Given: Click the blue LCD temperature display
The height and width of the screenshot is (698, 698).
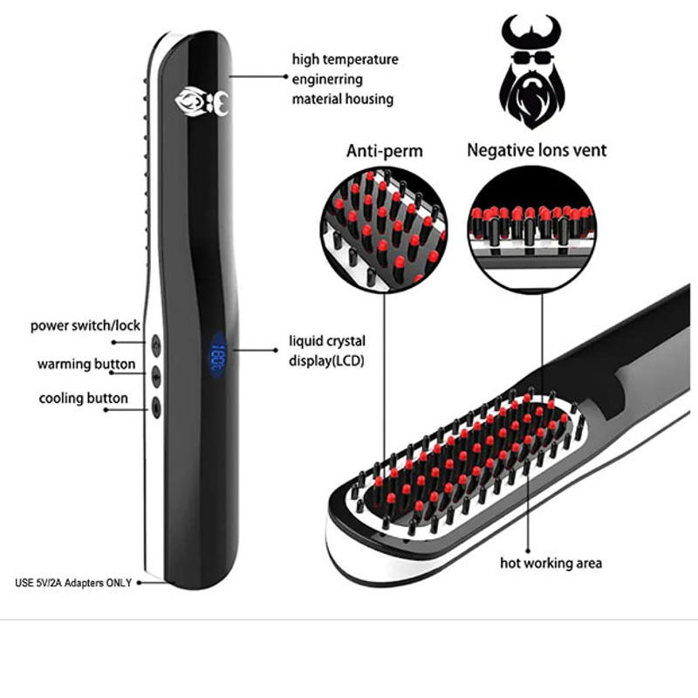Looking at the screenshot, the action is point(218,354).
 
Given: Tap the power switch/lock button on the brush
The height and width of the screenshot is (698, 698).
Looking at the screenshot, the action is point(156,345).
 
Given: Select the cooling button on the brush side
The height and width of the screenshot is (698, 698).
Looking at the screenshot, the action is point(156,407).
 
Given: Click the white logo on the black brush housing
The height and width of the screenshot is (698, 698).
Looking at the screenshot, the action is point(202,102).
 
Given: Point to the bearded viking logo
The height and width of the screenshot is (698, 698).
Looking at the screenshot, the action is point(532,72).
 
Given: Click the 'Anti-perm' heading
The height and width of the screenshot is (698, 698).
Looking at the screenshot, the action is point(385,151).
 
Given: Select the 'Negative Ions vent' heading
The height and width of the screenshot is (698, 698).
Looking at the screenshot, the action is point(537,150).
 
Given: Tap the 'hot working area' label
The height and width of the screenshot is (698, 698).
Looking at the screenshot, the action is point(551,563).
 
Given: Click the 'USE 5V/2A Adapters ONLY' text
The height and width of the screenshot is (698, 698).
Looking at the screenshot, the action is point(73,583).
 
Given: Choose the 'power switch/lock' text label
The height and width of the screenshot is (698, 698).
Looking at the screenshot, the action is point(86,325).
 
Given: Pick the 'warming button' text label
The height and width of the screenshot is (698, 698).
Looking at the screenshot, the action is point(86,364).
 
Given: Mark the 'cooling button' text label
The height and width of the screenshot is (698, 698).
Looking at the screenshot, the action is point(84,399).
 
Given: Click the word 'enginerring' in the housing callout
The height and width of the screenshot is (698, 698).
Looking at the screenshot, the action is point(327,79).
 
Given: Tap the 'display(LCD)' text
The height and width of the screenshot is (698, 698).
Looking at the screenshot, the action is point(326,360).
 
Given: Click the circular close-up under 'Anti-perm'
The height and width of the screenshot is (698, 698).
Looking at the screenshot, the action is point(384,230).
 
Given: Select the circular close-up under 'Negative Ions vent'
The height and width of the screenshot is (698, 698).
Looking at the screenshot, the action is point(532,229).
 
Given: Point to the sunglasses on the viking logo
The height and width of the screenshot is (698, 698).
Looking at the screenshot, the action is point(532,58).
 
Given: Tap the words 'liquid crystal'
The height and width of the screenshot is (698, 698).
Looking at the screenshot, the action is point(327,341).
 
